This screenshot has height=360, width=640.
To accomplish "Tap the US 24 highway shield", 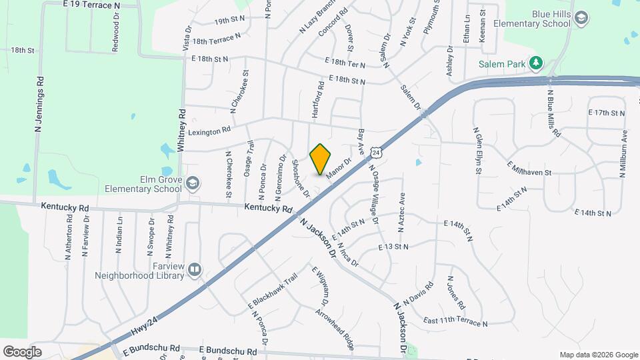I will coord(377,153).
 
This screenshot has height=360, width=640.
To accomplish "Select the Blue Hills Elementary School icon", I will coord(581,17).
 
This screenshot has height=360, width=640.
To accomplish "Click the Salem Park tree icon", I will coord(535,63).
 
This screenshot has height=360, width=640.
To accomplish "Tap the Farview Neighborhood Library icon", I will coord(195,269).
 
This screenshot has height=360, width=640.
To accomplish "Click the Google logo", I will coord(23,351).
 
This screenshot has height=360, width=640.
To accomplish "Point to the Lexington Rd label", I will coord(209,132).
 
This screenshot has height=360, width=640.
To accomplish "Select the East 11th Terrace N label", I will coord(455,321).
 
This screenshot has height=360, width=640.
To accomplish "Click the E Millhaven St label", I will coord(529,168).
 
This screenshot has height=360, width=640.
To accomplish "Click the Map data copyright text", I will coord(599,355).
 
